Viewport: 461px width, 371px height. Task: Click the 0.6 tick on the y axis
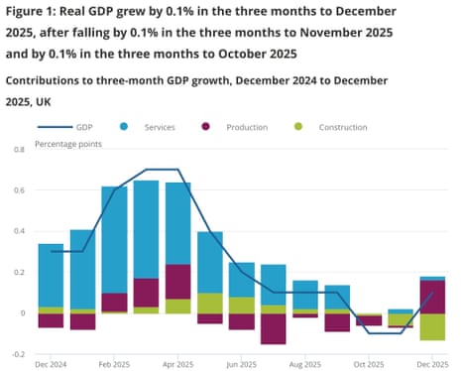[18, 190]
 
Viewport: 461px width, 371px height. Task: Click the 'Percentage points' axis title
[69, 144]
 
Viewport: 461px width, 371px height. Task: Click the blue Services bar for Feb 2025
[114, 239]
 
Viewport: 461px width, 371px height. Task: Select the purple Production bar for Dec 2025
[432, 297]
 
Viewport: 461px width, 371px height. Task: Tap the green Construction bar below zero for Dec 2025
[432, 326]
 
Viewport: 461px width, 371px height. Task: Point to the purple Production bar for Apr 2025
[178, 282]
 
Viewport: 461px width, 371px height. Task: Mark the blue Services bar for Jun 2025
[242, 280]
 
